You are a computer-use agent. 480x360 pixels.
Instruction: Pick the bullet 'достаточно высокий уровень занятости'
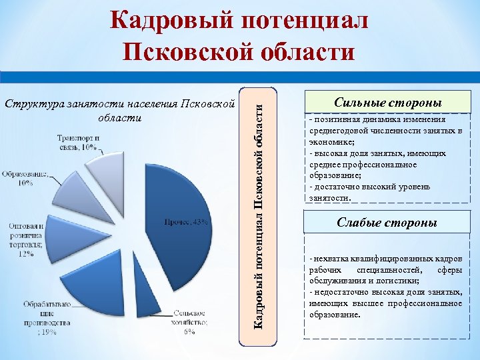373,193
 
